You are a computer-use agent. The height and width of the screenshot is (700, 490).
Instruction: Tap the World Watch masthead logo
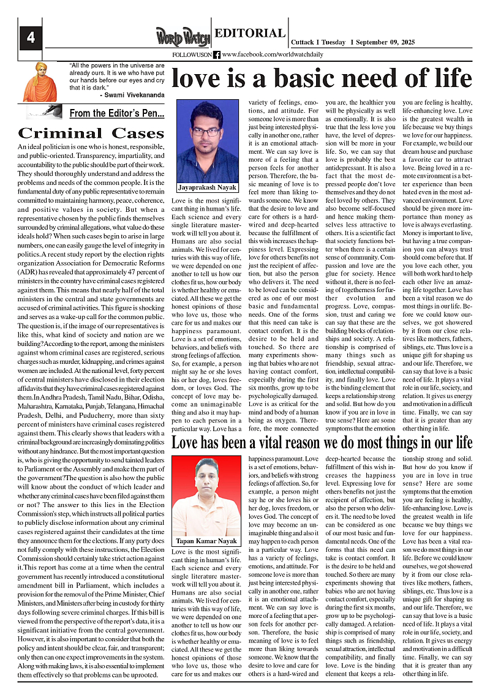point(183,37)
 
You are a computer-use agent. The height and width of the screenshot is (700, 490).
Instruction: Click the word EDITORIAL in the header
point(250,34)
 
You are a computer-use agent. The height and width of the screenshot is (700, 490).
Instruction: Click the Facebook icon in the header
point(217,55)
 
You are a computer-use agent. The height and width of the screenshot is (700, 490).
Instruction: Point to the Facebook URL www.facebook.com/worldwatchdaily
point(272,55)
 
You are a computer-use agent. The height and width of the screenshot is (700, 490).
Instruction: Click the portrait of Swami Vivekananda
point(40,81)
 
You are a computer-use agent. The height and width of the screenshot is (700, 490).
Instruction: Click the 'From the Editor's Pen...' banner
point(116,113)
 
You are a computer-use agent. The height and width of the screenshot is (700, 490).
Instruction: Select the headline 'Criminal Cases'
point(91,133)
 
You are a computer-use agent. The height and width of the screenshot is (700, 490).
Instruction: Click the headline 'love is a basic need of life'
point(322,79)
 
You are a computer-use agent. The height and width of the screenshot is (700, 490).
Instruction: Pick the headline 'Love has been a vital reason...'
point(322,442)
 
